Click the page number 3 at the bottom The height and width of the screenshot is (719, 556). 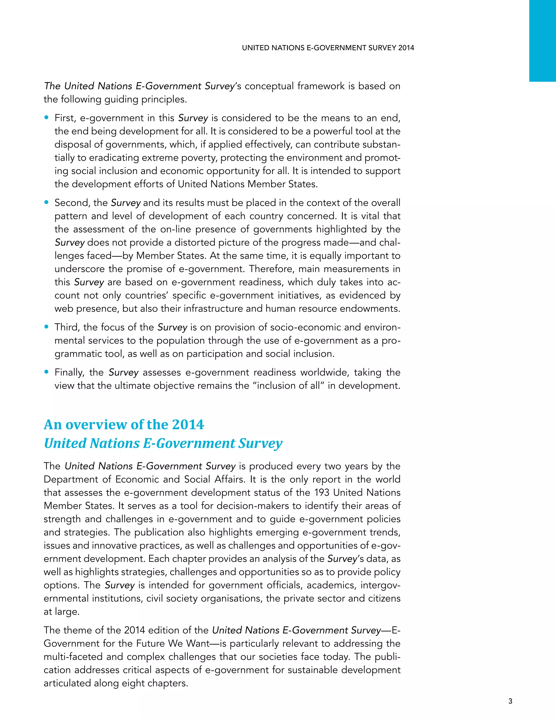510,701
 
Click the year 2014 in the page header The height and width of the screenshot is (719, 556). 406,48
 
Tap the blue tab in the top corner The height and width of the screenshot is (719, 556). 542,40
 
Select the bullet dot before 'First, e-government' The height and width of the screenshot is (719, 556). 46,117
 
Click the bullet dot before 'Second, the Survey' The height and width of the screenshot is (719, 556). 46,202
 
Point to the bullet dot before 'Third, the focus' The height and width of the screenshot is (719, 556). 46,327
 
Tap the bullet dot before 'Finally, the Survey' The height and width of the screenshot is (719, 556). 46,372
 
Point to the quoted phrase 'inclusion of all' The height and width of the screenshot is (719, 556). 287,386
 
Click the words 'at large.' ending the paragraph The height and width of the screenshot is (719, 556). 61,612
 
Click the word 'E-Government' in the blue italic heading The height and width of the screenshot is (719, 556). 189,443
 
